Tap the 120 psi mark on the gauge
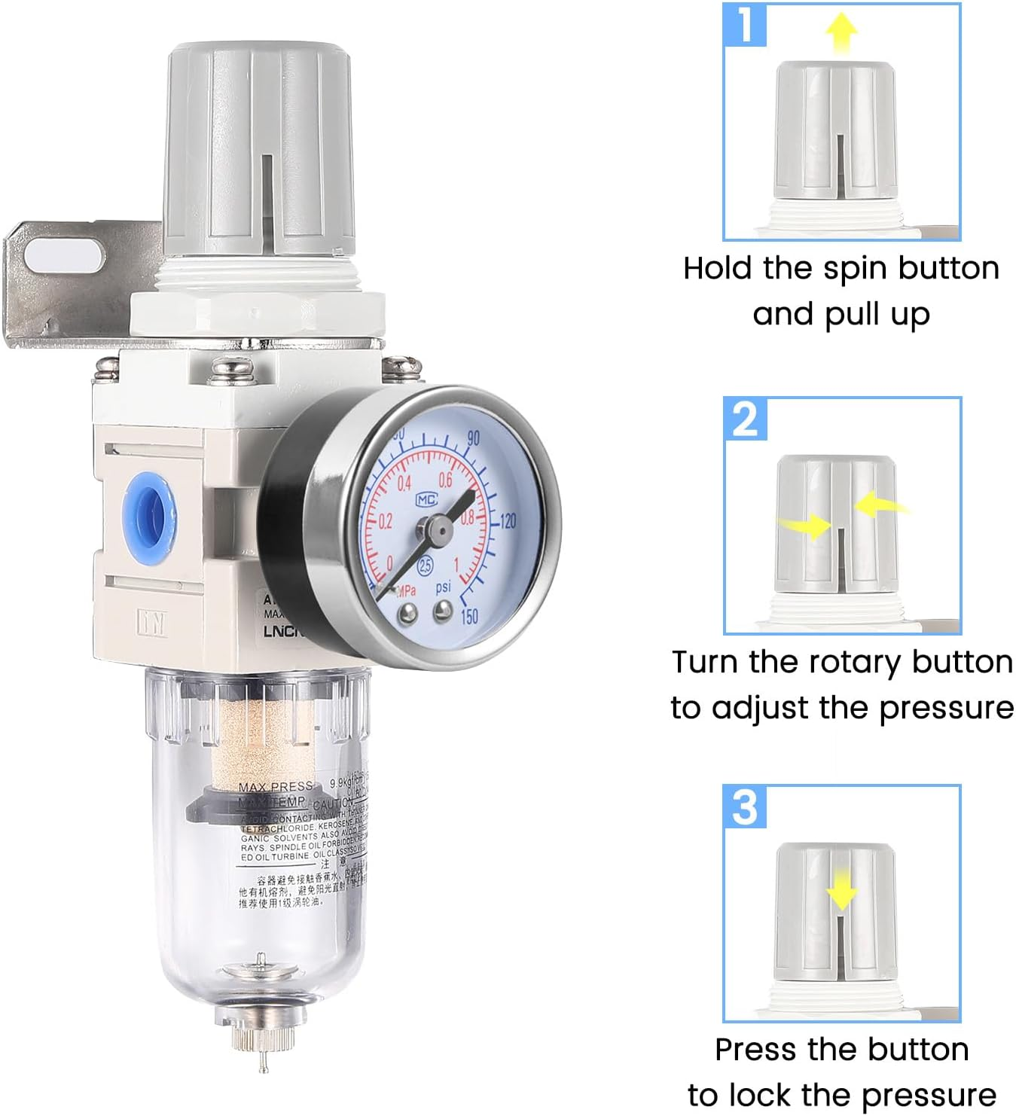tap(508, 520)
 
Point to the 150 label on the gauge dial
tap(468, 616)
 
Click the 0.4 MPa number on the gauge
tap(404, 483)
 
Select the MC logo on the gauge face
tap(426, 499)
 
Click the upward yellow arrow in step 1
tap(841, 32)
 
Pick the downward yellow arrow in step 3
tap(841, 893)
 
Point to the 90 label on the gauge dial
tap(474, 438)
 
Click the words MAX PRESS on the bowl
tap(274, 787)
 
